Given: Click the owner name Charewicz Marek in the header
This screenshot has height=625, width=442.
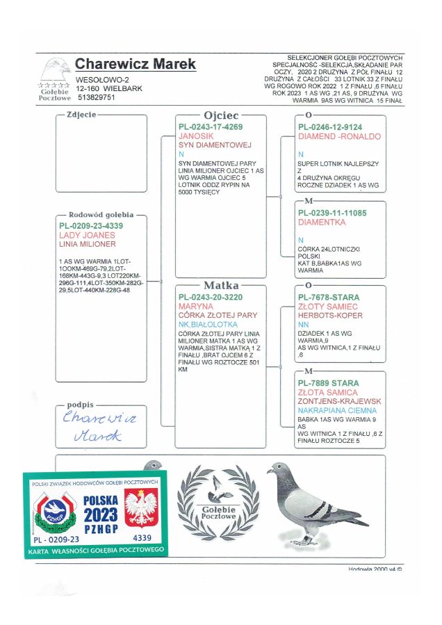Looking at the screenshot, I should tap(136, 65).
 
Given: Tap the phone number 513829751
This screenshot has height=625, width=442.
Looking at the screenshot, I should tap(96, 98).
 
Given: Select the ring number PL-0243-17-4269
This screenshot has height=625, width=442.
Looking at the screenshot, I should tap(211, 127).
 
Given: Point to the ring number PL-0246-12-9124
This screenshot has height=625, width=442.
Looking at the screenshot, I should tap(329, 127).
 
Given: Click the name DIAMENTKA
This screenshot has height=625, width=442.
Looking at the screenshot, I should tap(322, 222).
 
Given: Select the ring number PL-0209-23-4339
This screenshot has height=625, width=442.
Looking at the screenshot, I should tap(91, 226).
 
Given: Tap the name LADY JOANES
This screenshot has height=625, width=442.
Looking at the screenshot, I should tap(87, 236).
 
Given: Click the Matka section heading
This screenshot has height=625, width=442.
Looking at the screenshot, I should tap(221, 285).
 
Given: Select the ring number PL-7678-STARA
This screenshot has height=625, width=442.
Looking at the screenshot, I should tap(329, 298).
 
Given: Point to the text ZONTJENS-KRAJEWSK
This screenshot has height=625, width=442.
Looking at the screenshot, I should tap(339, 402).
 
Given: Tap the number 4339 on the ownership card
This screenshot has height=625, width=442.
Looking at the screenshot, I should tap(142, 538).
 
